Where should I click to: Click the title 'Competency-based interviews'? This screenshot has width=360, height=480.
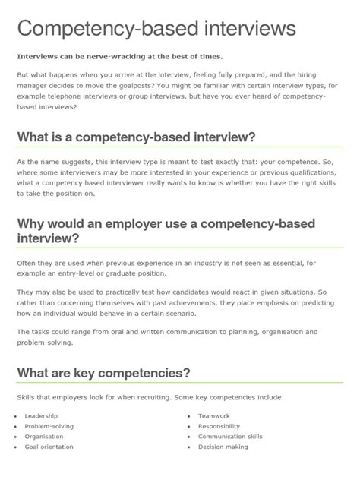tap(156, 30)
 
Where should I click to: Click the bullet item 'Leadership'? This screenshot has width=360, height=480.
tap(41, 416)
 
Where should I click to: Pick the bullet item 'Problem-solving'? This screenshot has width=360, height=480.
tap(49, 426)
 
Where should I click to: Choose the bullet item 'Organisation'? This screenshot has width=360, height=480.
tap(44, 437)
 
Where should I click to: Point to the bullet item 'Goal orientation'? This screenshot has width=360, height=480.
tap(49, 447)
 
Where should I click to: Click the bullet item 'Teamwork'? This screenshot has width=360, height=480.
tap(213, 416)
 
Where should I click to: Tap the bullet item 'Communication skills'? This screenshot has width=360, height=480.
tap(230, 437)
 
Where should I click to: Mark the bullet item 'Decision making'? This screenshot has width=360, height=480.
tap(223, 447)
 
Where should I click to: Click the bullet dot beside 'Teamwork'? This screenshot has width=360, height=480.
tap(189, 417)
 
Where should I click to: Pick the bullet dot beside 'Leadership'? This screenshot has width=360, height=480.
tap(16, 417)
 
